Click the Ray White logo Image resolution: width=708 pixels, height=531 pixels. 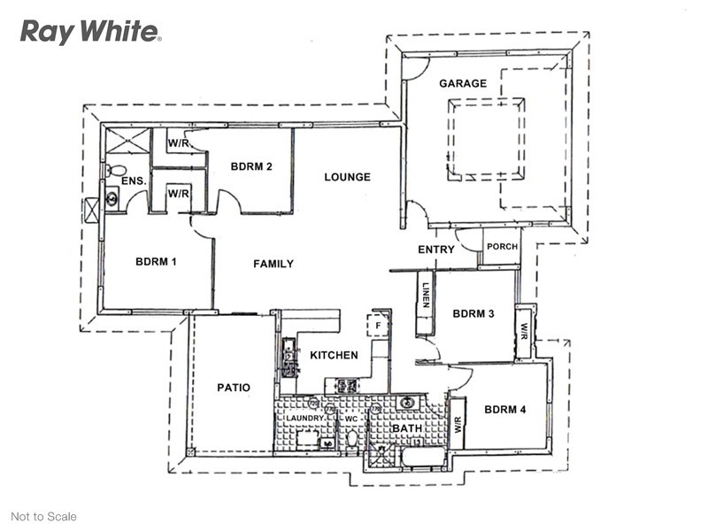90,32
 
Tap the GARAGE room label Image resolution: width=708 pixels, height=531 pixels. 463,83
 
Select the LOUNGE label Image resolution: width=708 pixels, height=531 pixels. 347,177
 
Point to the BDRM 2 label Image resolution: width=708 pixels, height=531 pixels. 251,166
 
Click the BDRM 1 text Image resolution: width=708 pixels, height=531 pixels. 156,262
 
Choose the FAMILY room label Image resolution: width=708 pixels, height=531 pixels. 273,264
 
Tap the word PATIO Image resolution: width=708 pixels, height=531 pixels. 234,388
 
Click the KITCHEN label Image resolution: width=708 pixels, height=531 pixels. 334,356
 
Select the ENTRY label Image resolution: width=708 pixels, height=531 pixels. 436,250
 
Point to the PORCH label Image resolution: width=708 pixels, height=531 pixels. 502,247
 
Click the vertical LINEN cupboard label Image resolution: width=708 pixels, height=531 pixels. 426,295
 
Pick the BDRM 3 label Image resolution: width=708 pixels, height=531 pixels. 473,313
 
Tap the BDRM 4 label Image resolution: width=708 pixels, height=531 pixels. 504,410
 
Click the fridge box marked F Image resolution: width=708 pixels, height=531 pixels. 379,325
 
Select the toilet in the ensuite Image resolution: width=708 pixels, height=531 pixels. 116,171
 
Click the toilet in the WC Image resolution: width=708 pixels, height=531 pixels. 351,440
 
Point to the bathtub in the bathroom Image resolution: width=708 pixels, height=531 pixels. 423,458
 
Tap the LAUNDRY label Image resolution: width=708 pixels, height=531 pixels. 305,418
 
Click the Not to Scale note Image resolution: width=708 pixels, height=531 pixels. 43,517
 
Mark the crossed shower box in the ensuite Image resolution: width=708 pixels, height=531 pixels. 127,141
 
